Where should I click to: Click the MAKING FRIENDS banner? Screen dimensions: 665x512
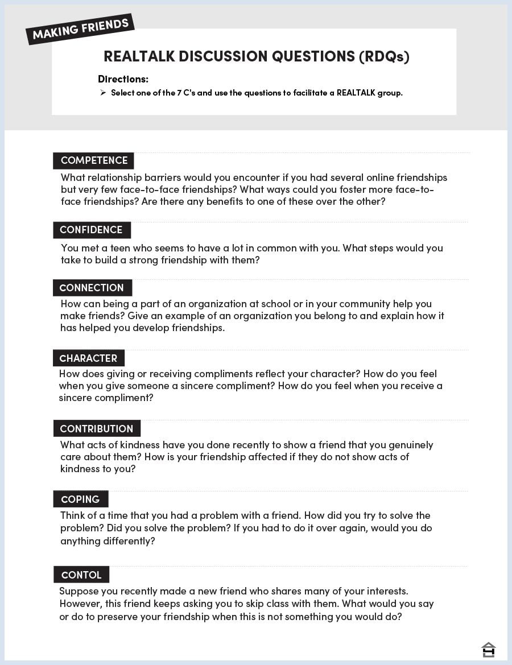(80, 29)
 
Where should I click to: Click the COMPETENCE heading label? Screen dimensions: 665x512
(94, 160)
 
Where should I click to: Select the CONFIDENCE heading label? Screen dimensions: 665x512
(92, 230)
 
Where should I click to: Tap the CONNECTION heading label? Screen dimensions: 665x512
(92, 288)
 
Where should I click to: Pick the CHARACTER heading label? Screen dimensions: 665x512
(88, 358)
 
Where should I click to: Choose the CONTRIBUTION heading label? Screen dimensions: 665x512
(97, 429)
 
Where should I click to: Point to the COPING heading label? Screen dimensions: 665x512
(80, 499)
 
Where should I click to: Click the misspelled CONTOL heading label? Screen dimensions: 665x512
(81, 575)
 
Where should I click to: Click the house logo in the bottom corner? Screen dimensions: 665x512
(488, 649)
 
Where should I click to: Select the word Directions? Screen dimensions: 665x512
(123, 79)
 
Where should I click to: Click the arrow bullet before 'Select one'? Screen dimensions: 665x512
(103, 93)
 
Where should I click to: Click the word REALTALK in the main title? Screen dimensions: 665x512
(139, 56)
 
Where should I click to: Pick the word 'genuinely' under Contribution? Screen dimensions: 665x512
(408, 445)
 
